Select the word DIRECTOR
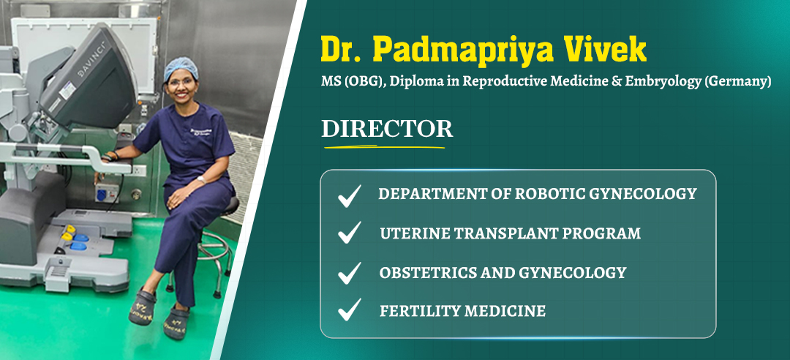(x=387, y=129)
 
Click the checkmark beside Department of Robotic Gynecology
(x=349, y=195)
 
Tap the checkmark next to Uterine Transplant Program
(x=349, y=233)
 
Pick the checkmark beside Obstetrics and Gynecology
(x=349, y=272)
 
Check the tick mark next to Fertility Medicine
(x=349, y=309)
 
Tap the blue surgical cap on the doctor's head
(x=180, y=67)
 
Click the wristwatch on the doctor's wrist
(x=201, y=179)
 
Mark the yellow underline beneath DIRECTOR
(x=384, y=147)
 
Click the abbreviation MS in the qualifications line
(x=331, y=83)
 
